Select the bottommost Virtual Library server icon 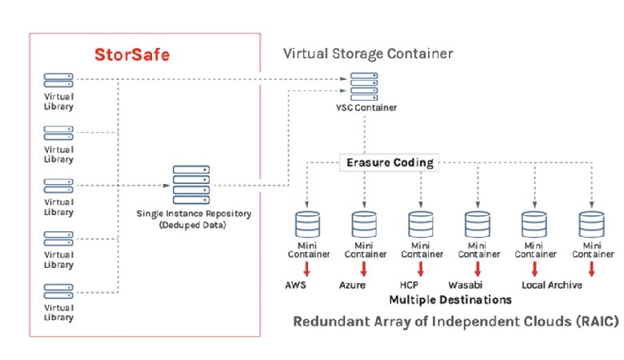(58, 290)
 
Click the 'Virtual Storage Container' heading (368, 54)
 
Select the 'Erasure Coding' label (390, 162)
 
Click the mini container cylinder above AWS (308, 221)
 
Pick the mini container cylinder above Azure (365, 221)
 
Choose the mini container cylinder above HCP (421, 221)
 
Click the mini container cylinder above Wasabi (478, 221)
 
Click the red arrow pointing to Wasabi (478, 270)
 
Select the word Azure (352, 285)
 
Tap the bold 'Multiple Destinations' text (450, 300)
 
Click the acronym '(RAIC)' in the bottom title (597, 322)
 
